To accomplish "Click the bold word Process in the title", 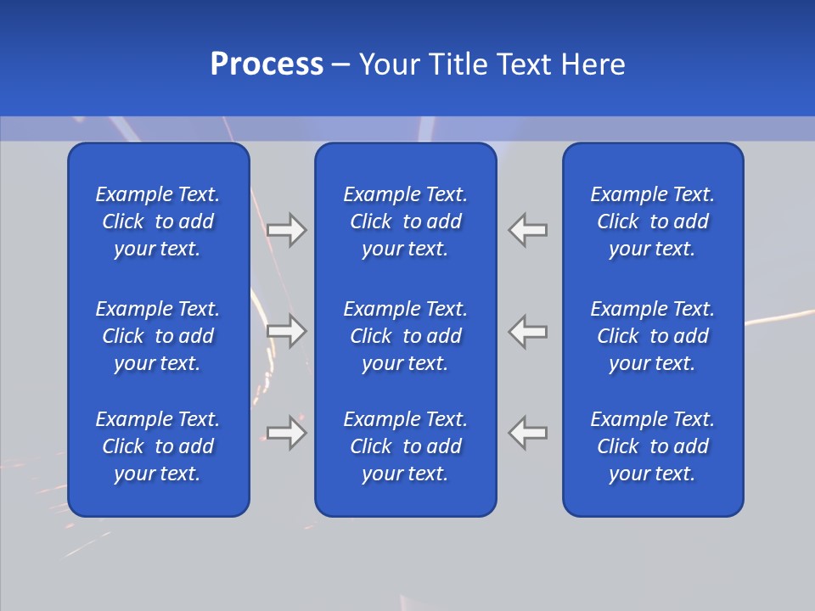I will pyautogui.click(x=267, y=64).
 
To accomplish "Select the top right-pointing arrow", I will pyautogui.click(x=287, y=230).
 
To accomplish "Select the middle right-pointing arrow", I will pyautogui.click(x=287, y=330).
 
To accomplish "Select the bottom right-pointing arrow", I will pyautogui.click(x=287, y=433).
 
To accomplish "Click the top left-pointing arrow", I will pyautogui.click(x=528, y=230).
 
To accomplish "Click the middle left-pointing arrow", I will pyautogui.click(x=528, y=330).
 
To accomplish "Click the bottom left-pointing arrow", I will pyautogui.click(x=528, y=433).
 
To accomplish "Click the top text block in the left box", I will pyautogui.click(x=158, y=221).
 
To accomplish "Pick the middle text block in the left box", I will pyautogui.click(x=158, y=336).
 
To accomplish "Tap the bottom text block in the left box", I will pyautogui.click(x=158, y=446).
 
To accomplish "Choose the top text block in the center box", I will pyautogui.click(x=406, y=221).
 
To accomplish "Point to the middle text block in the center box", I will pyautogui.click(x=406, y=336).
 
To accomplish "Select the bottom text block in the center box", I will pyautogui.click(x=406, y=446).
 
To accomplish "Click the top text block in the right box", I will pyautogui.click(x=653, y=221).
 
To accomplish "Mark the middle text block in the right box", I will pyautogui.click(x=653, y=336).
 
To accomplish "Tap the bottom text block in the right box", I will pyautogui.click(x=653, y=446).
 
